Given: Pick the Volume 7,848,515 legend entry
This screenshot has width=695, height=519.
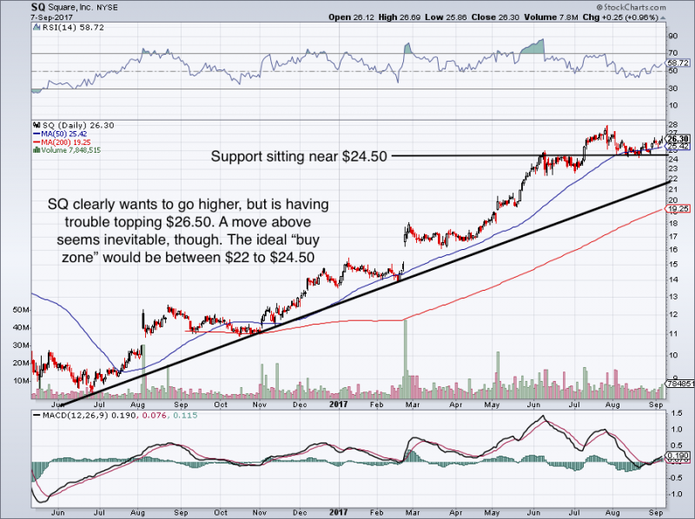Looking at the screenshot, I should point(69,150).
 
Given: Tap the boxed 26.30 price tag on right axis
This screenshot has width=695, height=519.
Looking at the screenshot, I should point(678,139).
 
